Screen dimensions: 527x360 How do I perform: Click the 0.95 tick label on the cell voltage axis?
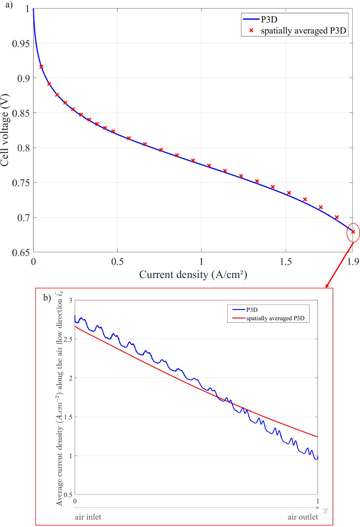pos(21,44)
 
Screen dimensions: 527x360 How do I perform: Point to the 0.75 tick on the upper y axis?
pos(21,183)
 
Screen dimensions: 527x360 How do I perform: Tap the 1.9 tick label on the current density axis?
pos(353,262)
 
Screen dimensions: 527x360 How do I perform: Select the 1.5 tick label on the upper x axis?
pos(286,262)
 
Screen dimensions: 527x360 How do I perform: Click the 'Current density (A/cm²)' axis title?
pos(193,275)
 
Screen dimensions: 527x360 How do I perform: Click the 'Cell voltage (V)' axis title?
pos(5,130)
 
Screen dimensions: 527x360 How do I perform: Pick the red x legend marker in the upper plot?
pos(251,31)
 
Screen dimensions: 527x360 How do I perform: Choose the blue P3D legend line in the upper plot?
pos(251,19)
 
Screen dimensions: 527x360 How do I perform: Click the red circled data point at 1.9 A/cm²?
pos(353,232)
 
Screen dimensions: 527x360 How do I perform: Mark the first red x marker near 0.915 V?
pos(41,67)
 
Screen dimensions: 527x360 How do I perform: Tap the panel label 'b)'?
pos(47,298)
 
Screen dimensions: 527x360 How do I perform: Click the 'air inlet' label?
pos(88,517)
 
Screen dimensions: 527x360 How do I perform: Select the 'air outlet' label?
pos(303,517)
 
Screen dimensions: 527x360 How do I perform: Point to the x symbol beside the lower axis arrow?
pos(325,510)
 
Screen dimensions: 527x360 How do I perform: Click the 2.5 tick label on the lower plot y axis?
pos(68,339)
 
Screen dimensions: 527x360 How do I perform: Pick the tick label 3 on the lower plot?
pos(71,300)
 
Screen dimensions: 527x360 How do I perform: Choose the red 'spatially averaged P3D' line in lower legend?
pos(238,318)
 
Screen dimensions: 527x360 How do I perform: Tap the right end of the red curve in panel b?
pos(317,437)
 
